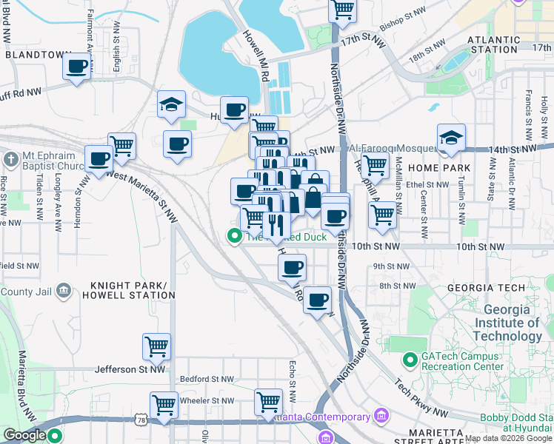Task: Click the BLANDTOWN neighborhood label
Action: pos(35,55)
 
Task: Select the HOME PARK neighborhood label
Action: pos(444,168)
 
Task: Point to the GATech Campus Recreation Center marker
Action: pos(410,360)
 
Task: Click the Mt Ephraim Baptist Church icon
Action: pos(10,160)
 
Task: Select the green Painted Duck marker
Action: pos(235,237)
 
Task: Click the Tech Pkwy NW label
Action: pos(420,397)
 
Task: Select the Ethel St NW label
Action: pos(424,185)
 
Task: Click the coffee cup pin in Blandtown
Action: pos(77,67)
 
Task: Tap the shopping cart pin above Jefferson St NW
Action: pos(156,346)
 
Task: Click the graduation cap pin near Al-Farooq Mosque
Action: pos(451,138)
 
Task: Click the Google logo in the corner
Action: pos(25,436)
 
